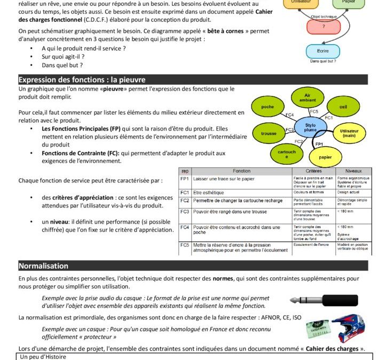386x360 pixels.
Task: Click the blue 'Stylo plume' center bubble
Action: [x=310, y=127]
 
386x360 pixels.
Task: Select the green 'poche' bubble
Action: [x=267, y=107]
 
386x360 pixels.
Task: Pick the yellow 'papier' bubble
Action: [x=325, y=157]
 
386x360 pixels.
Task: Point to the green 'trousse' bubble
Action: [x=269, y=133]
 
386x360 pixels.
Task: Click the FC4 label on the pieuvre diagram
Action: [x=289, y=115]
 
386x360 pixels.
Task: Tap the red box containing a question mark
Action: [x=324, y=26]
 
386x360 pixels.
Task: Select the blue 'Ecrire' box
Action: [x=323, y=51]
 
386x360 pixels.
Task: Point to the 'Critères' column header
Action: [x=313, y=171]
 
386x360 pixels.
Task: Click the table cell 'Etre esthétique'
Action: [x=205, y=192]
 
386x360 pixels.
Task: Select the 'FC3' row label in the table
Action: [x=185, y=212]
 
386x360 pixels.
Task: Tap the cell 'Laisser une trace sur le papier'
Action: [x=224, y=179]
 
